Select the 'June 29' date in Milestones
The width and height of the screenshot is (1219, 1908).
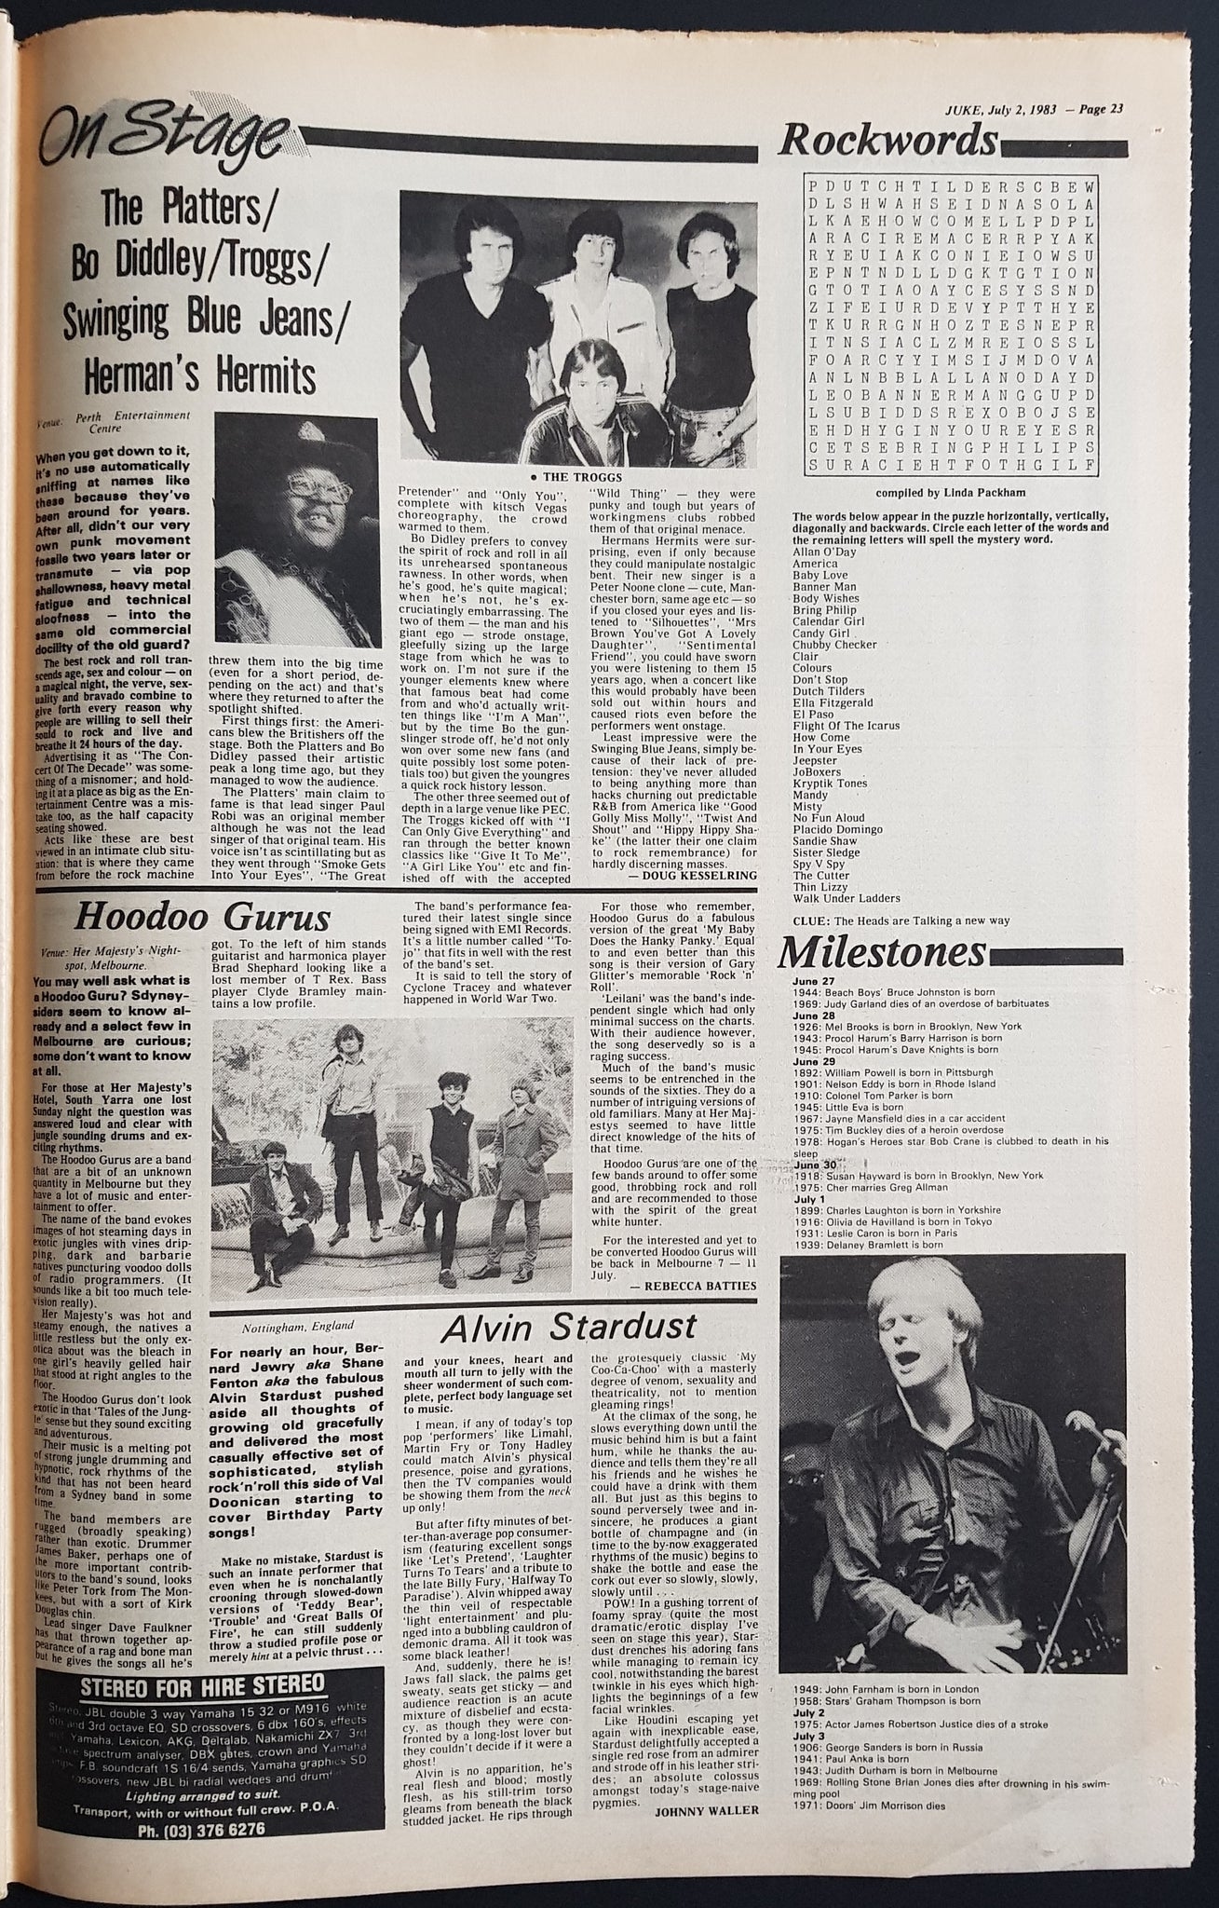click(808, 1060)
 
